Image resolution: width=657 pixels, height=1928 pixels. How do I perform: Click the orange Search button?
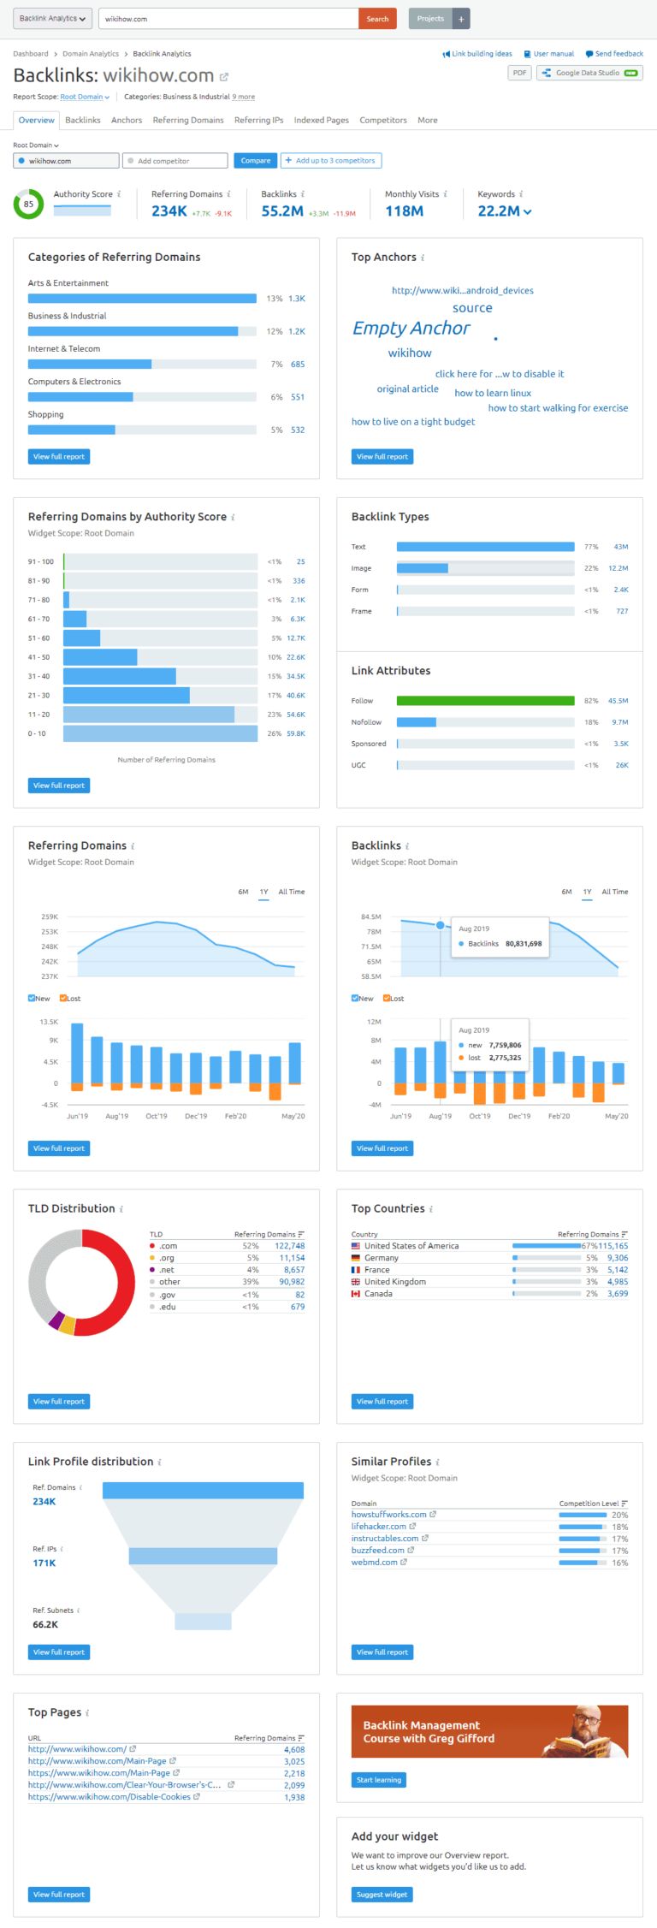pyautogui.click(x=377, y=19)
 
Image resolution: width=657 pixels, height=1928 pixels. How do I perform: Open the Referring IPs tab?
pyautogui.click(x=258, y=121)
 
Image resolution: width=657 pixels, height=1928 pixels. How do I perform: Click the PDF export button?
pyautogui.click(x=519, y=73)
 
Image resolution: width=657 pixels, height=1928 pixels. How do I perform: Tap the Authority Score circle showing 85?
pyautogui.click(x=29, y=205)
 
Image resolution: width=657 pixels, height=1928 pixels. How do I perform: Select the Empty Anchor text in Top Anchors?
pyautogui.click(x=411, y=329)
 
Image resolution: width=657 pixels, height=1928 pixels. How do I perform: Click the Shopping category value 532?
pyautogui.click(x=298, y=430)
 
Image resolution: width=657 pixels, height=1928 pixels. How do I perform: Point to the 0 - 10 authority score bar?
pyautogui.click(x=160, y=734)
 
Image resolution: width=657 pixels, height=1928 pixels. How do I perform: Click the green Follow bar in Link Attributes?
pyautogui.click(x=485, y=701)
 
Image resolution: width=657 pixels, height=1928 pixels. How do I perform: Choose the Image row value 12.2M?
pyautogui.click(x=618, y=568)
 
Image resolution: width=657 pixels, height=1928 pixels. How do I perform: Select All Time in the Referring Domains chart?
pyautogui.click(x=291, y=892)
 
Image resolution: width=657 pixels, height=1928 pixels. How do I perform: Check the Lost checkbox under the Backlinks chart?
pyautogui.click(x=387, y=999)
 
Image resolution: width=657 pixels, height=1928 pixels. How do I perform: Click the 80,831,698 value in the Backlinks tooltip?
pyautogui.click(x=523, y=944)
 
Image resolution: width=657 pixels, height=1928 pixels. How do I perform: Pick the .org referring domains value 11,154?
pyautogui.click(x=292, y=1258)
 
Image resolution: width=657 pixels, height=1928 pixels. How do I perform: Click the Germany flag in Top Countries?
pyautogui.click(x=356, y=1258)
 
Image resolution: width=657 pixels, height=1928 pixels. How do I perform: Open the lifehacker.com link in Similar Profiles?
pyautogui.click(x=378, y=1527)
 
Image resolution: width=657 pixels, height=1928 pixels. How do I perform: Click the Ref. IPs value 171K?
pyautogui.click(x=44, y=1563)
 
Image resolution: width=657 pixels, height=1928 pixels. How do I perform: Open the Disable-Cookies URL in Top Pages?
pyautogui.click(x=109, y=1797)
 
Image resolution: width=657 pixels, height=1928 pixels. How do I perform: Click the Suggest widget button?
pyautogui.click(x=382, y=1895)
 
